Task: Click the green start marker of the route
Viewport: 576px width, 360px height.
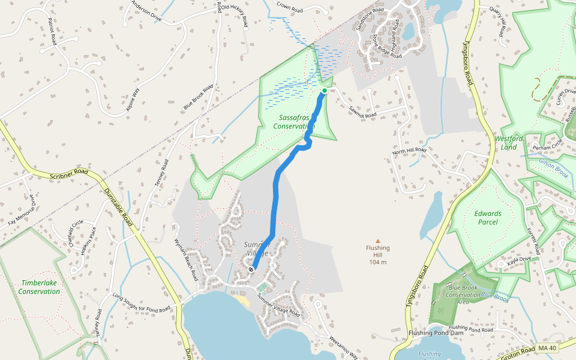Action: pyautogui.click(x=325, y=91)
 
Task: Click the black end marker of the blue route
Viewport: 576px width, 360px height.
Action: pyautogui.click(x=251, y=269)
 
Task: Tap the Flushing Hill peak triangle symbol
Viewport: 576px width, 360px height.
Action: pyautogui.click(x=378, y=240)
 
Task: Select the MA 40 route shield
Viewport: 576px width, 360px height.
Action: pyautogui.click(x=547, y=348)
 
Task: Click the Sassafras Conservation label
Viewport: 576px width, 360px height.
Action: pyautogui.click(x=294, y=122)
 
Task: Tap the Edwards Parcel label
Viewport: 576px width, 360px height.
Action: pyautogui.click(x=487, y=217)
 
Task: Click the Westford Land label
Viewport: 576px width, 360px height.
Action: pyautogui.click(x=509, y=143)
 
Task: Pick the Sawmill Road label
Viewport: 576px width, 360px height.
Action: pyautogui.click(x=362, y=110)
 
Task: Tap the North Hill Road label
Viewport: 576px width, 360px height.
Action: pyautogui.click(x=409, y=151)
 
